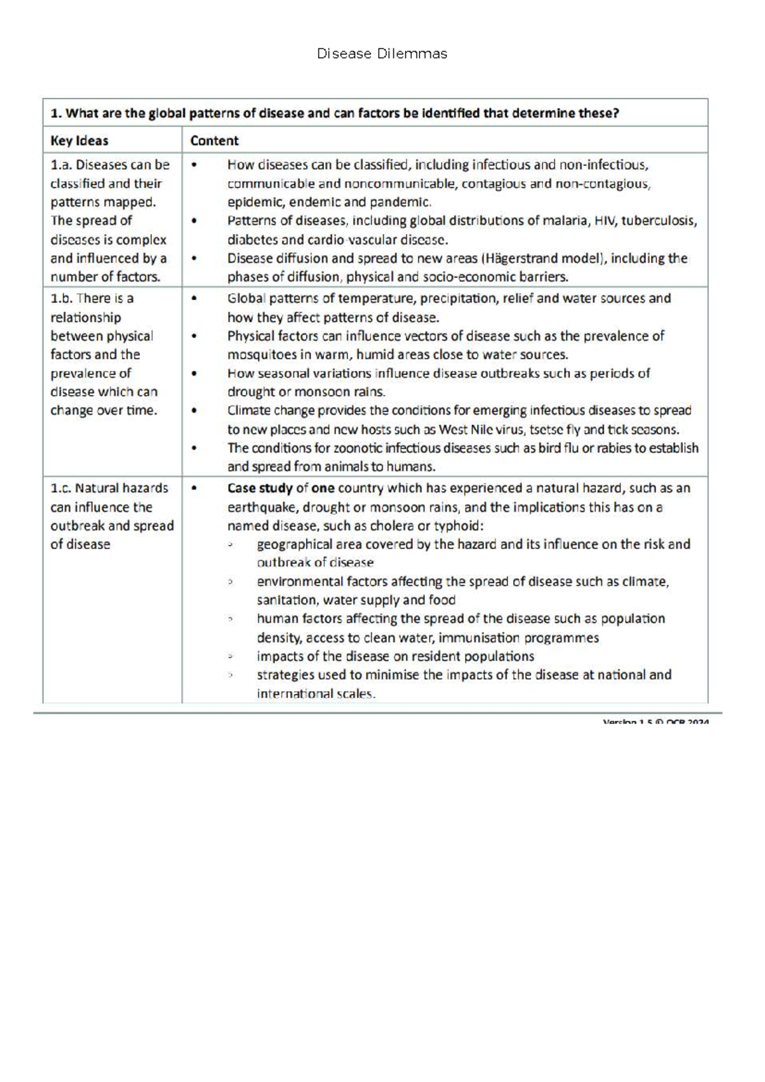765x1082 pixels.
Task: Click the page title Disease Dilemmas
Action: tap(382, 54)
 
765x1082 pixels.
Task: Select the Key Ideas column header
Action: tap(79, 141)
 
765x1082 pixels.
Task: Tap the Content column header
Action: tap(214, 141)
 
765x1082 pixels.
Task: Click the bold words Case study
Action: tap(259, 489)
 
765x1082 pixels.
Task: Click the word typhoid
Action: tap(458, 526)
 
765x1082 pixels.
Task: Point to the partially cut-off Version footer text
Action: tap(655, 722)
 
